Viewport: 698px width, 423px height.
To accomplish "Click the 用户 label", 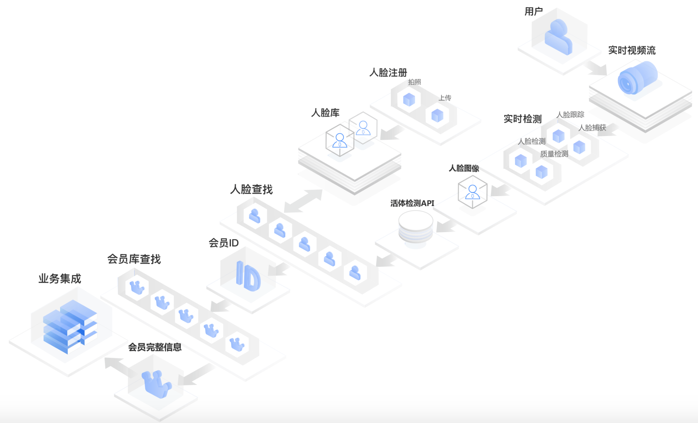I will [533, 12].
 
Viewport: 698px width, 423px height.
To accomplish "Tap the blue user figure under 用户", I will [558, 37].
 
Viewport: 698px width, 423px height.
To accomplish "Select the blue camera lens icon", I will [637, 78].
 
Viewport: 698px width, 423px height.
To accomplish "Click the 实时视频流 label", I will [632, 50].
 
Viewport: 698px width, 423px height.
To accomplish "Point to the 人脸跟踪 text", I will [570, 115].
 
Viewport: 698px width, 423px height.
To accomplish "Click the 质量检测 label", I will [554, 154].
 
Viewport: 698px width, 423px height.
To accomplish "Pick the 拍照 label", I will [414, 82].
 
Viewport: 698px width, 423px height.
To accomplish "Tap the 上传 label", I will [445, 98].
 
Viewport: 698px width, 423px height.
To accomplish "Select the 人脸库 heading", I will [325, 113].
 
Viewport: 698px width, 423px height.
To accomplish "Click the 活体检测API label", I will [412, 203].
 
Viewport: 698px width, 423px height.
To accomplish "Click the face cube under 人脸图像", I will [472, 192].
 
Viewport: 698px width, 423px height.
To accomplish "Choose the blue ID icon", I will [248, 276].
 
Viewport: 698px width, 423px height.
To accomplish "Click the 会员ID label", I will [224, 243].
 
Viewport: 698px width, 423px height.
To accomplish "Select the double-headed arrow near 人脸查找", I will [303, 201].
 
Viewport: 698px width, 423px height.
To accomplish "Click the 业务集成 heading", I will [60, 279].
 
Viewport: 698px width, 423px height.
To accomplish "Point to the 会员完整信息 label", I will [155, 347].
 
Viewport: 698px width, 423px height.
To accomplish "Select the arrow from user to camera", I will [597, 68].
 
